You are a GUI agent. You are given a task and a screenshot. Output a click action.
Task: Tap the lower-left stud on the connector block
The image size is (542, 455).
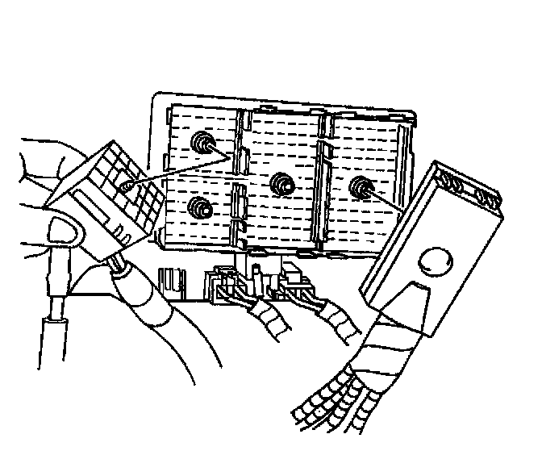tap(197, 207)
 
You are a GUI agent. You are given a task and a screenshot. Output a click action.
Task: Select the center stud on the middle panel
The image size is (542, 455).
tap(281, 183)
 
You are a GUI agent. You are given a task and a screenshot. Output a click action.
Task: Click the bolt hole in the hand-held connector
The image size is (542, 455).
tap(126, 186)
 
